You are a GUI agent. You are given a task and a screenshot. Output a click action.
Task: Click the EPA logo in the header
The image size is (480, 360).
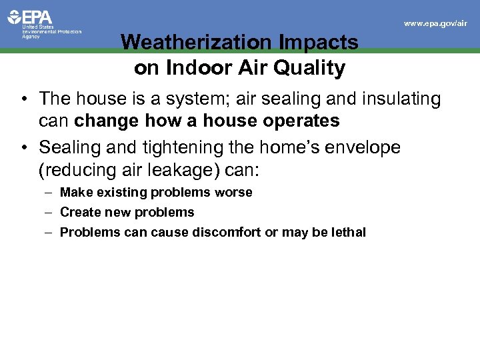point(30,17)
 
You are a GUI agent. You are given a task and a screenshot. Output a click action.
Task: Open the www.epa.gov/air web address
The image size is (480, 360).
point(436,23)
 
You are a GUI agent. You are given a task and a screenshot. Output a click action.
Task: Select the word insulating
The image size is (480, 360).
point(398,99)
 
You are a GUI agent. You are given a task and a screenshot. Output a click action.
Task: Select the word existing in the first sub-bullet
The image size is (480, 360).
point(121,193)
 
